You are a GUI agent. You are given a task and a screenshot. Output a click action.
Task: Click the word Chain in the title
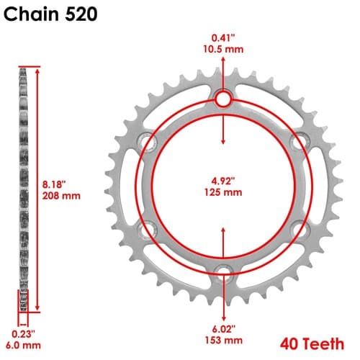(31, 14)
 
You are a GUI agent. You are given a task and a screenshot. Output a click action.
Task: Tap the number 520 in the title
(81, 14)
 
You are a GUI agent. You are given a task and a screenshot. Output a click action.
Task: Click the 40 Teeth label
(312, 343)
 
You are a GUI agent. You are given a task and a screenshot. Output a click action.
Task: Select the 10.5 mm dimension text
(223, 49)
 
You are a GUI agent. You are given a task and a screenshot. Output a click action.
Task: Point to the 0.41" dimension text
(223, 38)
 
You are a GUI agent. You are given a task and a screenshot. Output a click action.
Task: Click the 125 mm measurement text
(223, 192)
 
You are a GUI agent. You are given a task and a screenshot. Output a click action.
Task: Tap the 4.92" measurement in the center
(223, 181)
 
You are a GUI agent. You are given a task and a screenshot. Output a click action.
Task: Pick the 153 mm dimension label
(223, 340)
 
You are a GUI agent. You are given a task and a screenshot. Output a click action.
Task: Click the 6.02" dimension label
(223, 329)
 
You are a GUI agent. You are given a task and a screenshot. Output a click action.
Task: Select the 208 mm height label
(61, 196)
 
